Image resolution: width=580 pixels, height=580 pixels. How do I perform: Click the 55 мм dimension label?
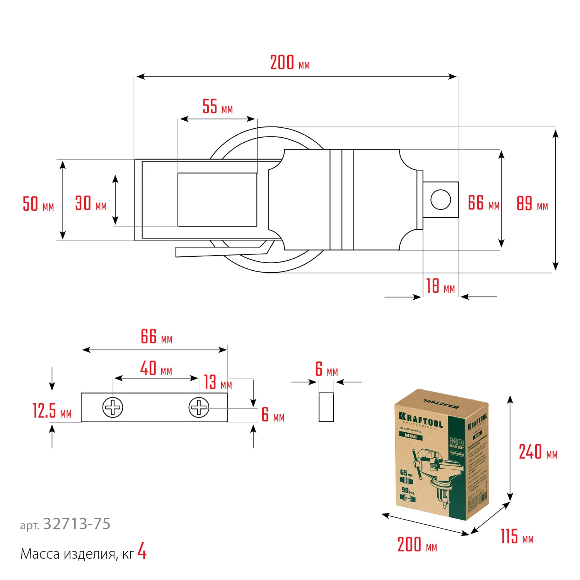pyautogui.click(x=217, y=107)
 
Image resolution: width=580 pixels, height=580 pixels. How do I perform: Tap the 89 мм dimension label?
pyautogui.click(x=532, y=204)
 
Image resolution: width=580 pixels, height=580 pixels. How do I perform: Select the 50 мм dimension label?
pyautogui.click(x=38, y=204)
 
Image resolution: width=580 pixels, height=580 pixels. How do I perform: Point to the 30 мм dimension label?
pyautogui.click(x=90, y=203)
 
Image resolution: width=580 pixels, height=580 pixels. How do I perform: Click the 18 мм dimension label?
pyautogui.click(x=440, y=287)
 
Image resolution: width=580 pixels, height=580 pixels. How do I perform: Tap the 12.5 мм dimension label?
pyautogui.click(x=52, y=411)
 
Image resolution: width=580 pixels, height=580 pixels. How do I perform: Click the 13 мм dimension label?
pyautogui.click(x=218, y=382)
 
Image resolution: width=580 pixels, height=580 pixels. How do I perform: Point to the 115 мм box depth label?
pyautogui.click(x=517, y=537)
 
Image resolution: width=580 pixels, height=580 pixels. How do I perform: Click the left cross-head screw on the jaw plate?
pyautogui.click(x=113, y=408)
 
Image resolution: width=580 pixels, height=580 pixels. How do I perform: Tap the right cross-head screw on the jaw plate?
pyautogui.click(x=199, y=408)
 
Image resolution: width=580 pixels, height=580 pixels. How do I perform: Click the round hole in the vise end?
pyautogui.click(x=440, y=200)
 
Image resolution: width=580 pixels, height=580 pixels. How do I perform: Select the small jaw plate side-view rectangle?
pyautogui.click(x=326, y=407)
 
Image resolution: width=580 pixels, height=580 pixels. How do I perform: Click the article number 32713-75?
pyautogui.click(x=77, y=524)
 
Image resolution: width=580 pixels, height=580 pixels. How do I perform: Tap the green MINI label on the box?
pyautogui.click(x=411, y=436)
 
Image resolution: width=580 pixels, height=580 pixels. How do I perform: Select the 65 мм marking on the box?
pyautogui.click(x=406, y=473)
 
